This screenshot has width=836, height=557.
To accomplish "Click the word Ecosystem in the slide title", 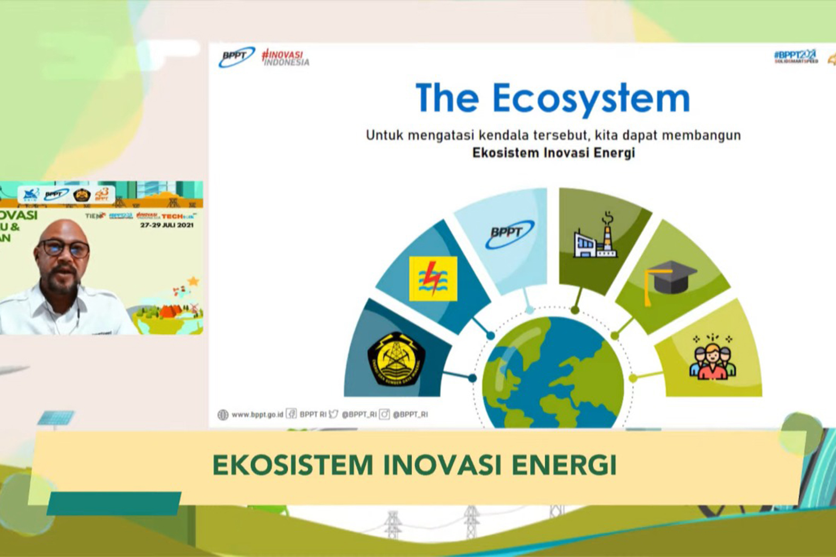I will (x=591, y=99).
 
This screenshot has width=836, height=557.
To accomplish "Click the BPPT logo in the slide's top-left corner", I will (x=236, y=57).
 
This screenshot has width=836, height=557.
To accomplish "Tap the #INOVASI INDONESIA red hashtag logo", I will (x=286, y=58).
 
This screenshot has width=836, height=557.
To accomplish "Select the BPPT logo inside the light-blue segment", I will (x=509, y=234).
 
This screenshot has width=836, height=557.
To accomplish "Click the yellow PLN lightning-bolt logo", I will (x=433, y=278).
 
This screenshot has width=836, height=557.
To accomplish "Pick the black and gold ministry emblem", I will (x=396, y=359).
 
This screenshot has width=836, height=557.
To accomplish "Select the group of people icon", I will (x=712, y=358).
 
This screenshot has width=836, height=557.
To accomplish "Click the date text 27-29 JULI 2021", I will (x=167, y=225).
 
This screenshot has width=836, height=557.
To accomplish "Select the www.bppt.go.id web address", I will (x=257, y=414).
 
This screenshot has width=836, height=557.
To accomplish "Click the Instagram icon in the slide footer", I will (x=384, y=414).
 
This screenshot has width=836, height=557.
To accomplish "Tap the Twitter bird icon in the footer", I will (x=333, y=414).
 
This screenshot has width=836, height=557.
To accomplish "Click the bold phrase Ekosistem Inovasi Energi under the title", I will (x=553, y=153).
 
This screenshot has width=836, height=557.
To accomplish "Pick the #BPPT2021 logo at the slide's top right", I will (x=795, y=56).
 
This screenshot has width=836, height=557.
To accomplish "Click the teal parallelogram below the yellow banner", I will (x=114, y=503).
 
